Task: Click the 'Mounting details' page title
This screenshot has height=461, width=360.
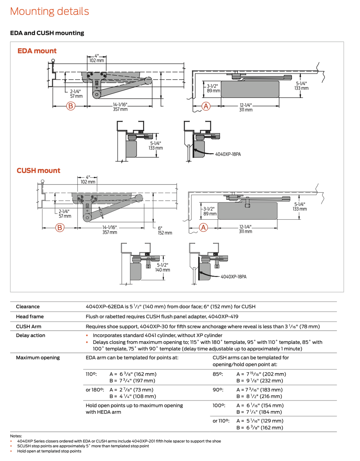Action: tap(49, 11)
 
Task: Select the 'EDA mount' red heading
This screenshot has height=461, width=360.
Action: tap(37, 51)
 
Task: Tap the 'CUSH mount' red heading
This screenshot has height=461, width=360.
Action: tap(39, 171)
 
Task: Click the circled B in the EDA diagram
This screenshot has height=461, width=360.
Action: tap(71, 106)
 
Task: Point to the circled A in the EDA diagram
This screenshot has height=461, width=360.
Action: tap(206, 106)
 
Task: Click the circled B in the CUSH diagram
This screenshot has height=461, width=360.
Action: tap(60, 228)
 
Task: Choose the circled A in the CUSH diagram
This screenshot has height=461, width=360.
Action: tap(203, 228)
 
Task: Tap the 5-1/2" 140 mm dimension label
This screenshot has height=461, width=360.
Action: tap(163, 268)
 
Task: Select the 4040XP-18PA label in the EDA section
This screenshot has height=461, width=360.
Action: tap(228, 154)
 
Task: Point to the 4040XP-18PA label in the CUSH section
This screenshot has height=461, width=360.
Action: tap(233, 277)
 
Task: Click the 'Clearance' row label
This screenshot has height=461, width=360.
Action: tap(28, 306)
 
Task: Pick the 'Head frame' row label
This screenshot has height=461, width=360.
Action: tap(30, 317)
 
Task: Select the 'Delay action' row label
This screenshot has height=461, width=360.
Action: tap(31, 335)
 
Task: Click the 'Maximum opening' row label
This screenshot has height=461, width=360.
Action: tap(38, 358)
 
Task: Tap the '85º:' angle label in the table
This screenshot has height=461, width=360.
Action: tap(218, 374)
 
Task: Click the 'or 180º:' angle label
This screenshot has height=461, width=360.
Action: tap(95, 390)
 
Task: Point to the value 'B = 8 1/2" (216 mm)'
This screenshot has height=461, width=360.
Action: tap(259, 396)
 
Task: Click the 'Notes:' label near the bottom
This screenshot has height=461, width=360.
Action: tap(16, 436)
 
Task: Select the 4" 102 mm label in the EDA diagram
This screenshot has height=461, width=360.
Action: tap(96, 58)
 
